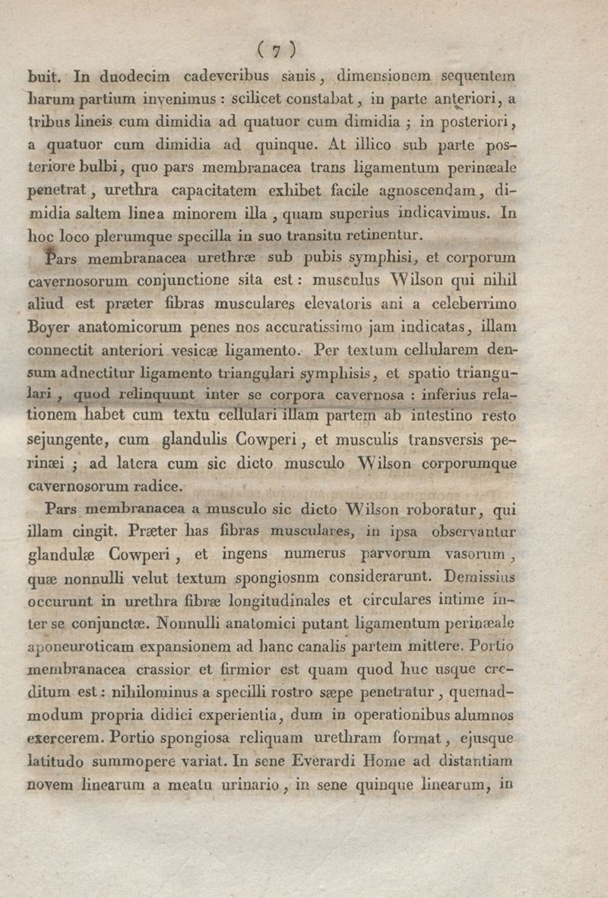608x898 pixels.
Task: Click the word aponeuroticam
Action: (x=80, y=647)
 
